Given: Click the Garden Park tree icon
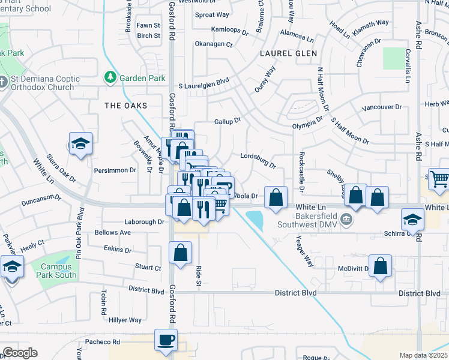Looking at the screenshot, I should tap(110, 77).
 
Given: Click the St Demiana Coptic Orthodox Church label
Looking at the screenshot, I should tap(41, 83).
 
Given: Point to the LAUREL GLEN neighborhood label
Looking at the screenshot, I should tap(288, 53).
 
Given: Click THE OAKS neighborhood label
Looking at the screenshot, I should tap(126, 106).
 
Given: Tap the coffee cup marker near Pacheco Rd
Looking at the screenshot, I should tap(166, 340).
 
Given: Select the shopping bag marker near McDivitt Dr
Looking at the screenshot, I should tap(381, 265).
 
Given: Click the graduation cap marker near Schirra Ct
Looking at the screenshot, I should tap(412, 219).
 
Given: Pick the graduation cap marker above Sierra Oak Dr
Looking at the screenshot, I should tap(80, 143).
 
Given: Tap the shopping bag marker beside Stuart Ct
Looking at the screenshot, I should tap(180, 253).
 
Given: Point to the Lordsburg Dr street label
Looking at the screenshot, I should tap(258, 160).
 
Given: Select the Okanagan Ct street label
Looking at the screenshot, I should tap(213, 44).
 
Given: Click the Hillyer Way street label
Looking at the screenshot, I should tap(125, 320).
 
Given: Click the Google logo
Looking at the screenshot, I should tap(20, 353).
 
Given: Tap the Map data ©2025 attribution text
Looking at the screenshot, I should tap(423, 355).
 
